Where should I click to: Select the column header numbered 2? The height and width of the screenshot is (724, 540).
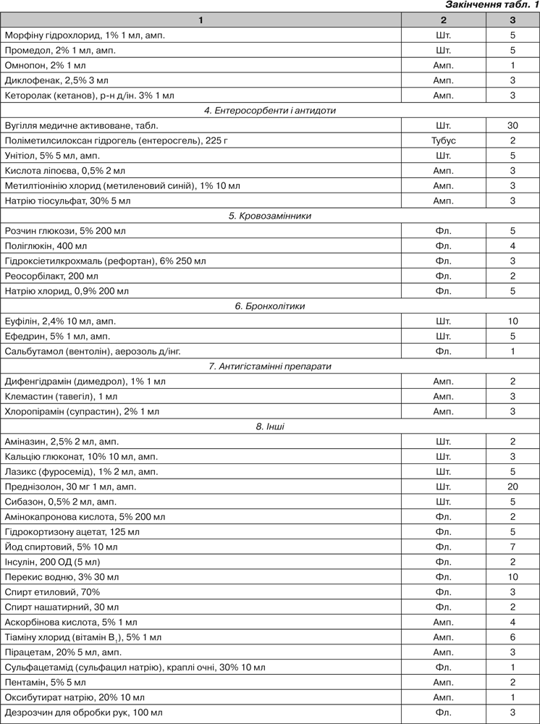click(x=443, y=20)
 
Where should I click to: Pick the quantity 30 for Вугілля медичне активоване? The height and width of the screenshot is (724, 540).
click(x=512, y=125)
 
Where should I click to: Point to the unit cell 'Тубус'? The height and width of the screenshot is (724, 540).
click(x=443, y=140)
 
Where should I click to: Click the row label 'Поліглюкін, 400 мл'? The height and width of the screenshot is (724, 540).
click(x=45, y=246)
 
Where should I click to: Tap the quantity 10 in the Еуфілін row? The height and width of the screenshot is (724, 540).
click(x=512, y=321)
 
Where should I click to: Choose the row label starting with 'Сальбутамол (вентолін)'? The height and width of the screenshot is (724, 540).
click(x=93, y=351)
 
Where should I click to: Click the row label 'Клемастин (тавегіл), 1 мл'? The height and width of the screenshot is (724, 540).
click(x=60, y=396)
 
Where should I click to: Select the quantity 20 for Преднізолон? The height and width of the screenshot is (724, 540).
click(x=512, y=487)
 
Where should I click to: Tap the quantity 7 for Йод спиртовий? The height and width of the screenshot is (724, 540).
click(x=512, y=547)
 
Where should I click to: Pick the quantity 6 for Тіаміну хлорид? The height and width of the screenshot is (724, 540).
click(x=512, y=637)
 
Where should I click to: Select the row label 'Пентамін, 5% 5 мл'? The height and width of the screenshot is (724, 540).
click(x=45, y=682)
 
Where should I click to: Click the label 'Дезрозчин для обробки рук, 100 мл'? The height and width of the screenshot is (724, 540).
click(x=84, y=713)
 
